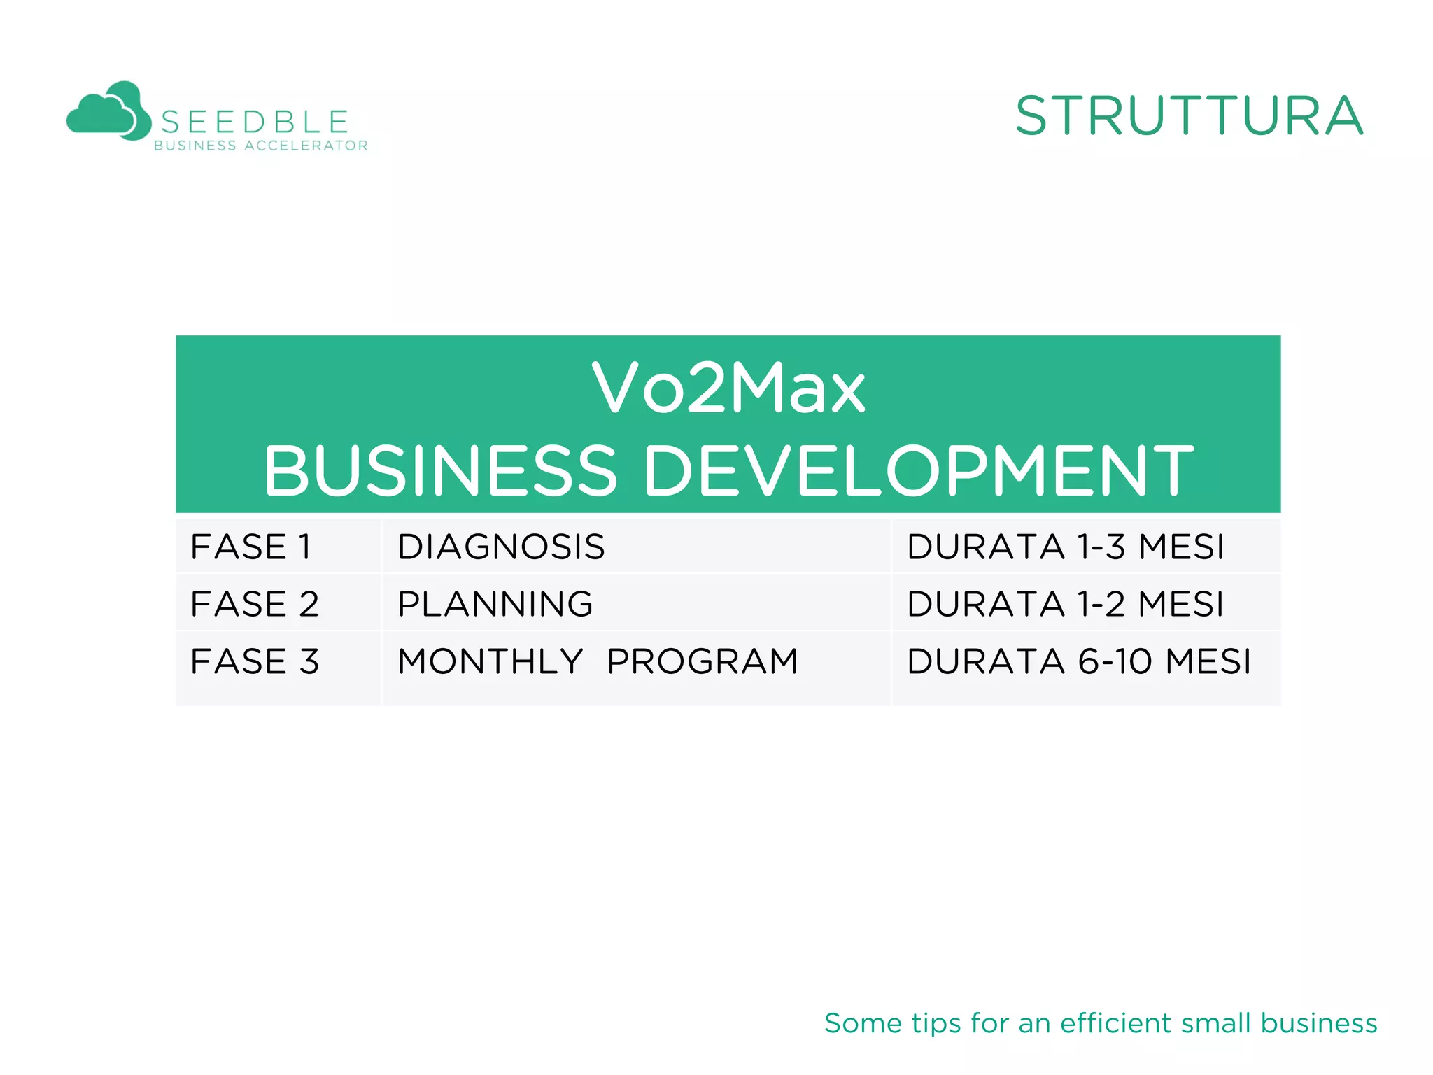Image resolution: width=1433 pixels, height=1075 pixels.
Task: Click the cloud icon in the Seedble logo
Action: tap(108, 111)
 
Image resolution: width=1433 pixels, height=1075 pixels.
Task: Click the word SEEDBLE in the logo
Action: tap(255, 122)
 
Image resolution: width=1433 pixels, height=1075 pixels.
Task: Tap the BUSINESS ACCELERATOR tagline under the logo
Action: tap(260, 146)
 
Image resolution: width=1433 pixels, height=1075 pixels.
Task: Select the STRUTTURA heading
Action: tap(1189, 116)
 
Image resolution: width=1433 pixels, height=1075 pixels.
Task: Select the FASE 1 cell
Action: tap(251, 547)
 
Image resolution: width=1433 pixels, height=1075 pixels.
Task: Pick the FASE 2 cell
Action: tap(255, 604)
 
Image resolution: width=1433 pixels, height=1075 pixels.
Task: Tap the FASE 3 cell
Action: tap(255, 661)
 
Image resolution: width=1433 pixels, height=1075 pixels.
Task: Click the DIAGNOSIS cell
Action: tap(501, 547)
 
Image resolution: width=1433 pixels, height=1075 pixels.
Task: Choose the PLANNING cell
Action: tap(495, 604)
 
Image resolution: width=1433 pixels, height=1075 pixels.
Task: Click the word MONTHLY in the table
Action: tap(490, 661)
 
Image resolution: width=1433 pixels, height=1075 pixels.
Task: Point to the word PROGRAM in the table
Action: tap(703, 661)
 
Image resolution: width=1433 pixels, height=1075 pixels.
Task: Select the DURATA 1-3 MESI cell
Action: tap(1065, 547)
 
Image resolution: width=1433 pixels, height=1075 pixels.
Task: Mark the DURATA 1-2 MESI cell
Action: tap(1065, 604)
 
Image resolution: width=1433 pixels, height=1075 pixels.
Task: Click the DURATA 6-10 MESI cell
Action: tap(1078, 661)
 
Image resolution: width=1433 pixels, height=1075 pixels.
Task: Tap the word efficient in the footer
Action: tap(1115, 1023)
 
